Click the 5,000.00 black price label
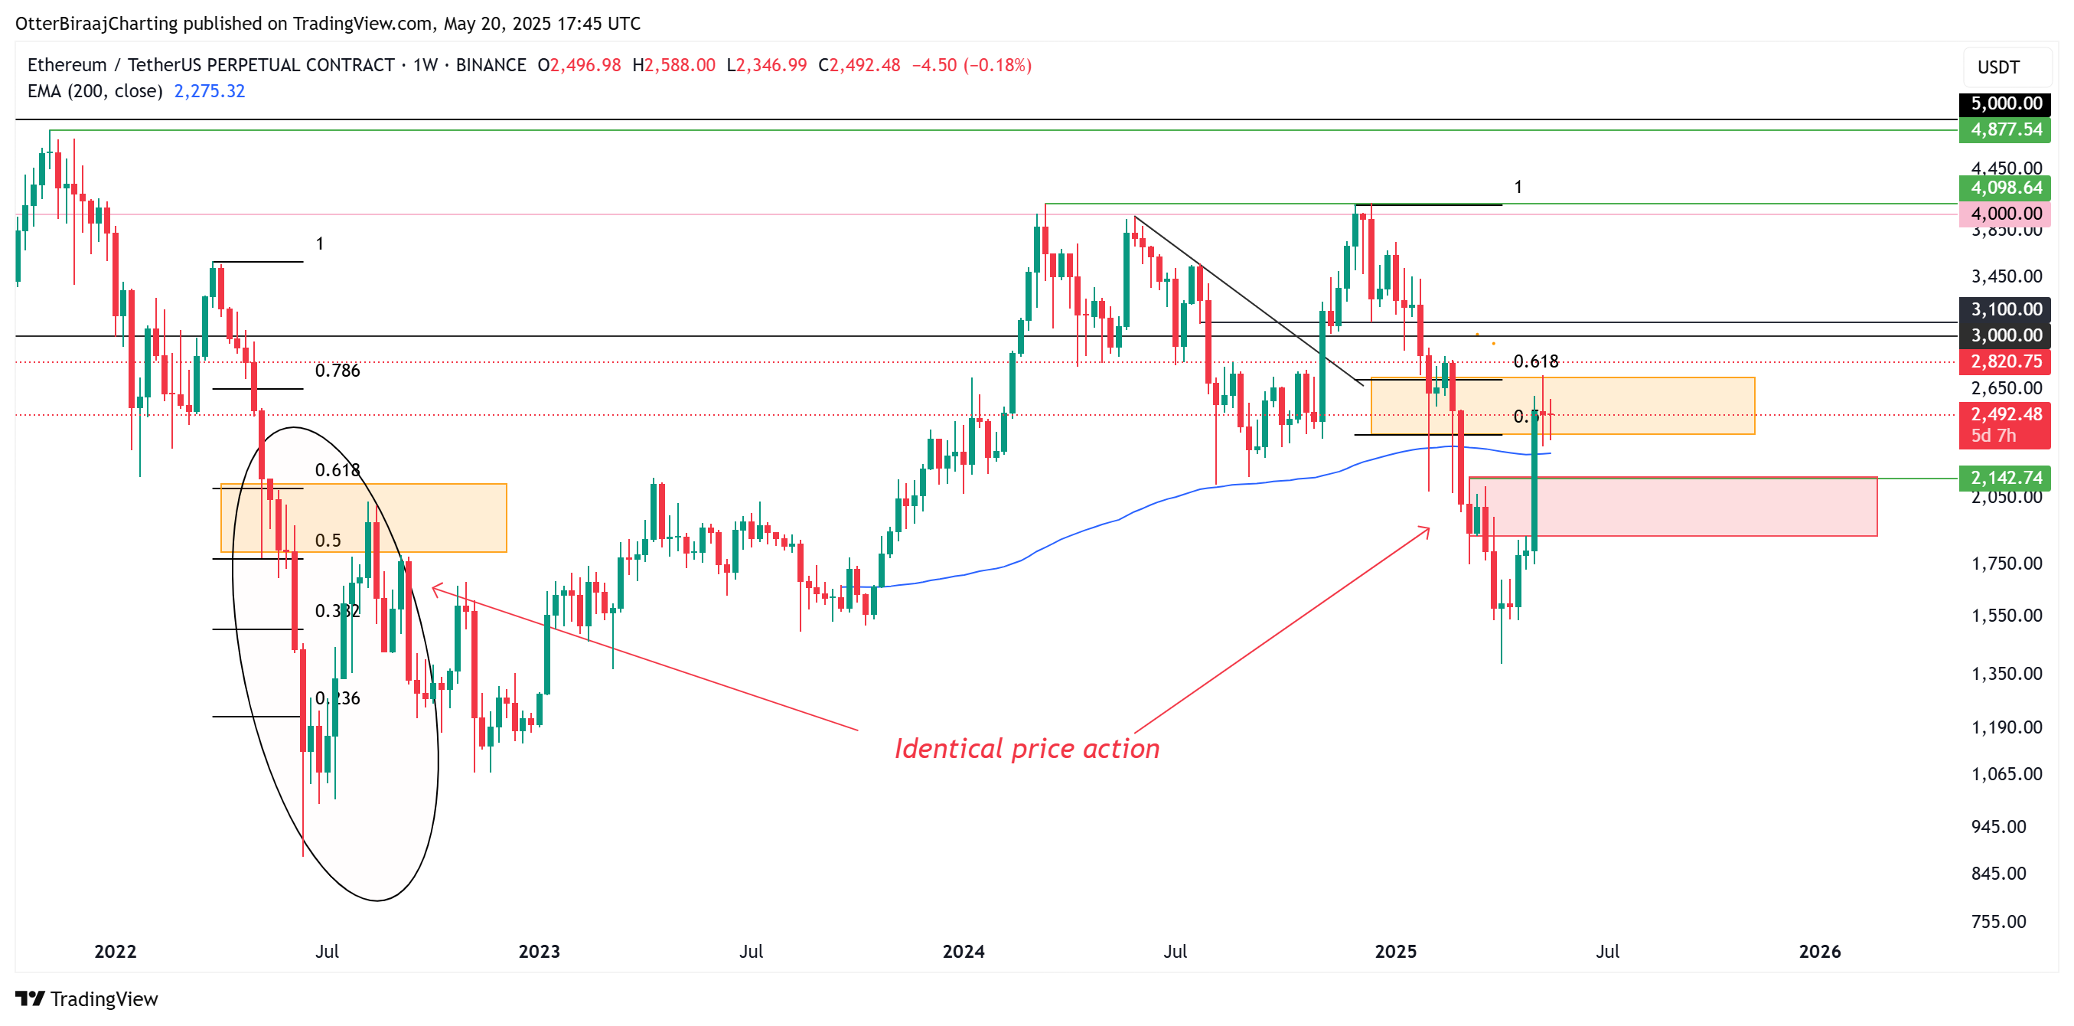pos(2005,103)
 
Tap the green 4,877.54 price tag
pos(2005,129)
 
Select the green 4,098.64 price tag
pos(2005,188)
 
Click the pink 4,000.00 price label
pos(2005,214)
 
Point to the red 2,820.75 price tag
pos(2005,361)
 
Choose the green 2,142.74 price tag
pos(2005,478)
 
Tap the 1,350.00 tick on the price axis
pos(2006,673)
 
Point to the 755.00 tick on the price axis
pos(1997,921)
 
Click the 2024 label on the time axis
pos(963,951)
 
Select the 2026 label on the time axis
pos(1819,951)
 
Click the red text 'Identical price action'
pos(1026,749)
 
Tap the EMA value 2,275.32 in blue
pos(210,91)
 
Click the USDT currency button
pos(1998,67)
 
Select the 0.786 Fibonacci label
pos(338,371)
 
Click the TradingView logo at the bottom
pos(87,998)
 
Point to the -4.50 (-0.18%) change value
pos(971,65)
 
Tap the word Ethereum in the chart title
pos(67,65)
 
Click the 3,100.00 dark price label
pos(2005,309)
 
